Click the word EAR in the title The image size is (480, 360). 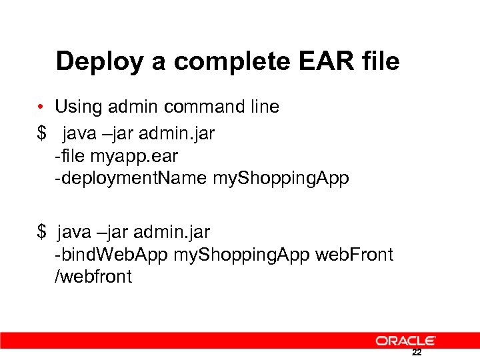[317, 61]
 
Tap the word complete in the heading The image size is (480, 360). [215, 62]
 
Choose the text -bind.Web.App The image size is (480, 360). [111, 255]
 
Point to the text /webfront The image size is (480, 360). [93, 277]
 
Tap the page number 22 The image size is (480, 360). [417, 353]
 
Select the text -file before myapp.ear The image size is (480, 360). [69, 157]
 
